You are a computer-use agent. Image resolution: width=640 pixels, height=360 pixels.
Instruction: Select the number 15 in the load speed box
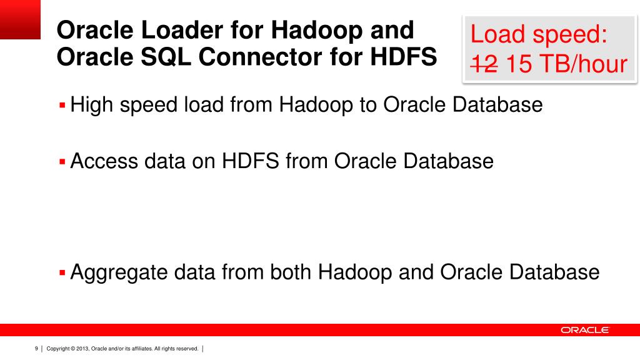518,64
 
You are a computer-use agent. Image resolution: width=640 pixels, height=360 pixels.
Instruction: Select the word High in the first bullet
91,104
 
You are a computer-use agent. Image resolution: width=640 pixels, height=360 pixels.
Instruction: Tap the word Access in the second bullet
104,161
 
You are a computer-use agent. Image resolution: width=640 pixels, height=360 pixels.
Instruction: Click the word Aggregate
119,272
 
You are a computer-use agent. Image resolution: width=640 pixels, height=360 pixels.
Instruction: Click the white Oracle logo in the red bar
584,330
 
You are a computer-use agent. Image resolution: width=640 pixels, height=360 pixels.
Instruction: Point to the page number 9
36,349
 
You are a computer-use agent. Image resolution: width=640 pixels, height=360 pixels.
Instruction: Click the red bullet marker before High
62,105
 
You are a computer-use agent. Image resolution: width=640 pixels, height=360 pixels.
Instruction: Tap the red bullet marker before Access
62,162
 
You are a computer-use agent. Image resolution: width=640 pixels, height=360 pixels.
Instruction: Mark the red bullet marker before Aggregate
62,273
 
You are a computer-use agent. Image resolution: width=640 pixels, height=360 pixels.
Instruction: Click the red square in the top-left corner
20,19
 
